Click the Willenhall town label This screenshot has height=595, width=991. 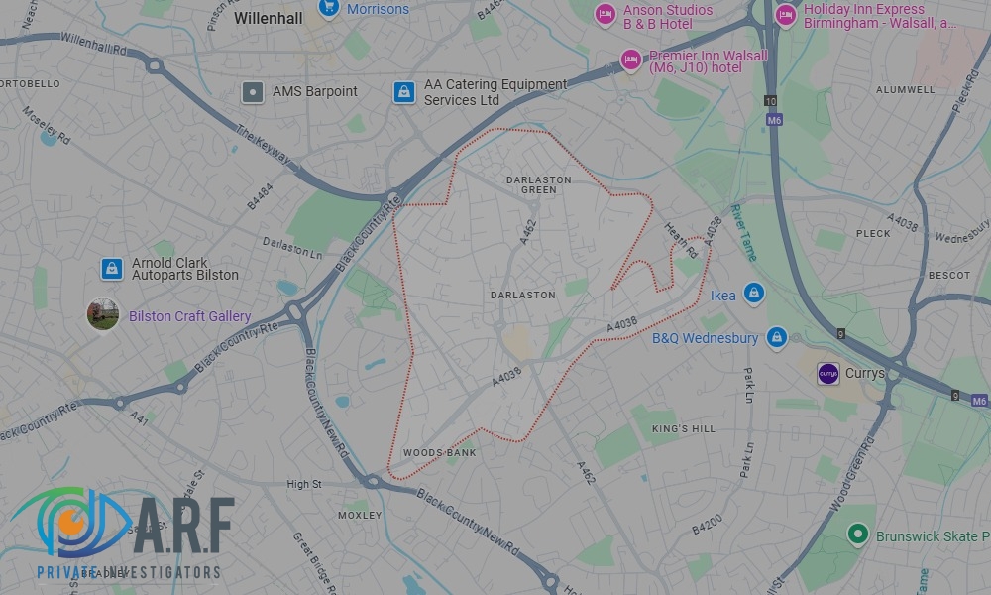[267, 18]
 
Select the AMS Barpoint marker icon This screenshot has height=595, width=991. [253, 92]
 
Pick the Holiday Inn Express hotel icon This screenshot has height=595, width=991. [786, 15]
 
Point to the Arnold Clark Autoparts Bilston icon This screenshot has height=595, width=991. [112, 269]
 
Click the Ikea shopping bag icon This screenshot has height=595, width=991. [754, 295]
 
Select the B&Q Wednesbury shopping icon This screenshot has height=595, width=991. [776, 338]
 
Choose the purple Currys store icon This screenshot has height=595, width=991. [827, 374]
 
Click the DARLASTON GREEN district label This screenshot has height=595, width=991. [538, 184]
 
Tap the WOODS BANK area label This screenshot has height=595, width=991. [439, 453]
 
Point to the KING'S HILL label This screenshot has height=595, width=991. [683, 428]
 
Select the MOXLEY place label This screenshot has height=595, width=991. [360, 516]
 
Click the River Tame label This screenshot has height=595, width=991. [742, 232]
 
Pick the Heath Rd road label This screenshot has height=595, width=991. [680, 240]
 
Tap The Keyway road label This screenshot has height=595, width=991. [263, 144]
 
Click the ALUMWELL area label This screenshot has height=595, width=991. [905, 89]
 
